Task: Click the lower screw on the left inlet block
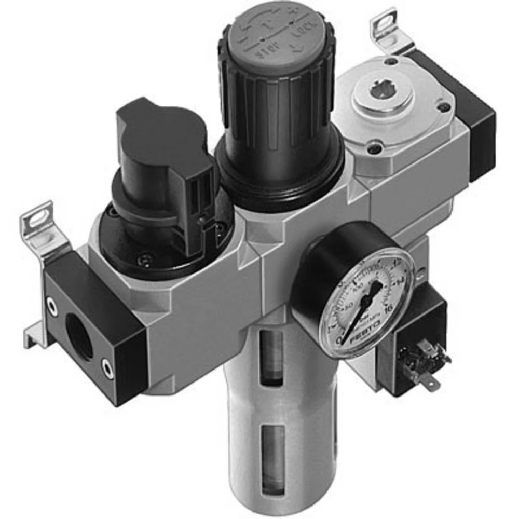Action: pyautogui.click(x=107, y=368)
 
